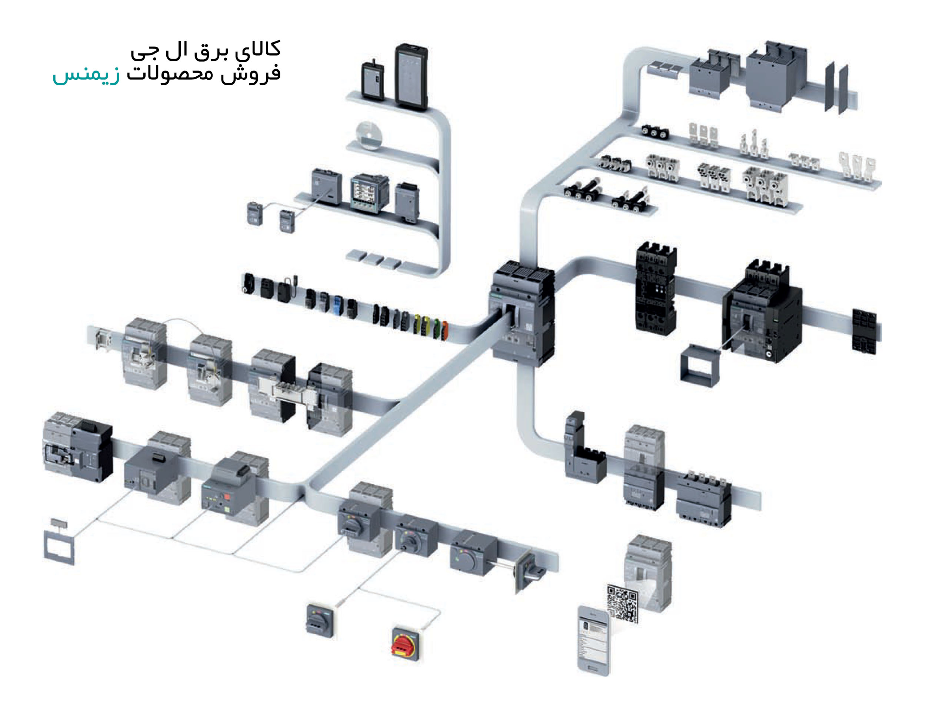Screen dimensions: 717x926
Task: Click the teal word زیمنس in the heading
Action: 86,75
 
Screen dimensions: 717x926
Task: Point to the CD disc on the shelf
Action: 369,135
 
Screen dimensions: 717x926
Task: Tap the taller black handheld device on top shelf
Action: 411,76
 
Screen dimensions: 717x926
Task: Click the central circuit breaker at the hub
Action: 523,314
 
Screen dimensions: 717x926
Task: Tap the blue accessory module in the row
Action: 338,305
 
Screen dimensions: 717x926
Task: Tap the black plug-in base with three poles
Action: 656,288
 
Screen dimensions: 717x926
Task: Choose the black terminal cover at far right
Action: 864,331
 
